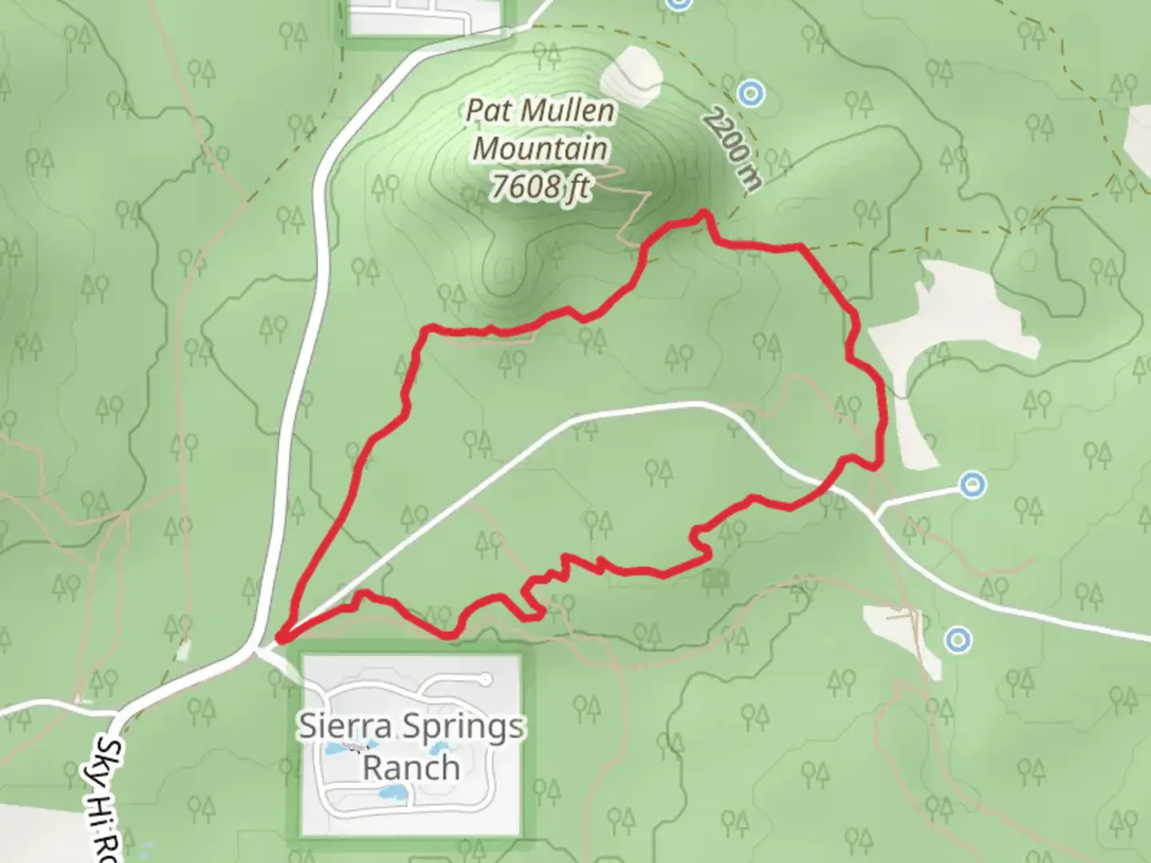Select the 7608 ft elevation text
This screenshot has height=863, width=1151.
(x=540, y=186)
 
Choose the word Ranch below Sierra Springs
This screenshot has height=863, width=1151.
(x=412, y=768)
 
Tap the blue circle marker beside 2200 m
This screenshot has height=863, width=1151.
(x=750, y=93)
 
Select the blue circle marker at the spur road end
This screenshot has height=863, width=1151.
(x=972, y=484)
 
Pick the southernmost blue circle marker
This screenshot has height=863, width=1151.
(x=958, y=639)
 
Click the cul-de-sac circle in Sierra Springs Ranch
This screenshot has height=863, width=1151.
(x=485, y=680)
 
